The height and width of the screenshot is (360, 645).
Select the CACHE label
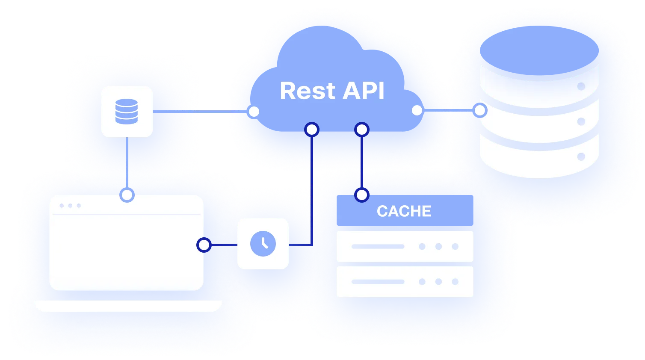pyautogui.click(x=404, y=211)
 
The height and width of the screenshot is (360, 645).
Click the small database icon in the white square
pyautogui.click(x=127, y=112)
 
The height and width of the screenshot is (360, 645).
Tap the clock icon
pyautogui.click(x=263, y=244)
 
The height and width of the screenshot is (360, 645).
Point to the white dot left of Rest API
pyautogui.click(x=254, y=112)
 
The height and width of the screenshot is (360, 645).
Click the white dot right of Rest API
pyautogui.click(x=417, y=111)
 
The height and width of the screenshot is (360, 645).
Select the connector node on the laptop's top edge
pyautogui.click(x=127, y=195)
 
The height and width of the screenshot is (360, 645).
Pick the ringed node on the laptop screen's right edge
pyautogui.click(x=204, y=245)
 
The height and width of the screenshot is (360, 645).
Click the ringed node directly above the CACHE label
pyautogui.click(x=362, y=195)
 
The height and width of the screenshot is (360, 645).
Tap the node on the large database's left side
pyautogui.click(x=480, y=111)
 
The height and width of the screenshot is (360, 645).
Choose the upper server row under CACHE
pyautogui.click(x=405, y=246)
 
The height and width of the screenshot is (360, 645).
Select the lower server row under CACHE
pyautogui.click(x=405, y=282)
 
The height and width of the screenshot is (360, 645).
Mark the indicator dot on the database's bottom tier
pyautogui.click(x=581, y=156)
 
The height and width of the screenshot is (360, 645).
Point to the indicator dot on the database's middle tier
pyautogui.click(x=581, y=122)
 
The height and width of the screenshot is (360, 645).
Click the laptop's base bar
pyautogui.click(x=128, y=306)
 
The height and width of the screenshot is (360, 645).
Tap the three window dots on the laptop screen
pyautogui.click(x=70, y=206)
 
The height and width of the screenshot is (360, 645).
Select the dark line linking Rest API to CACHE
pyautogui.click(x=362, y=162)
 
